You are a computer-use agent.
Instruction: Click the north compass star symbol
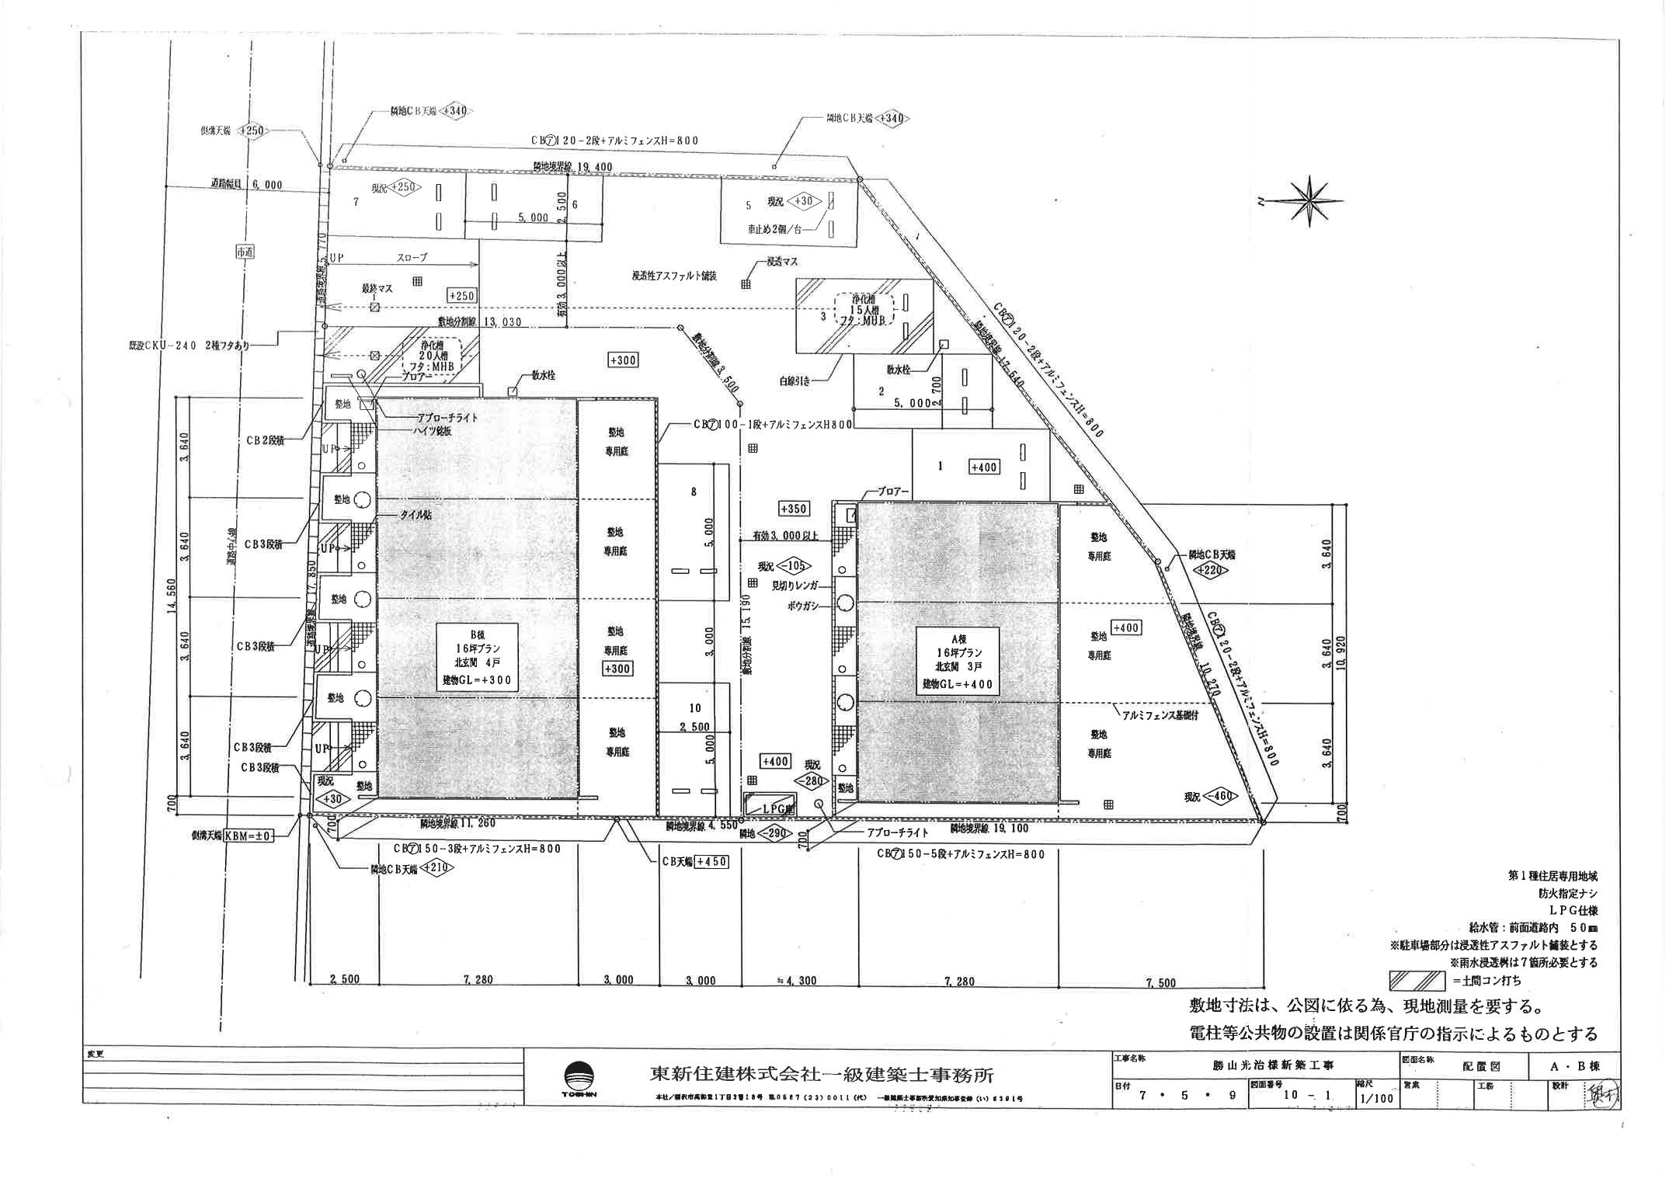click(x=1310, y=201)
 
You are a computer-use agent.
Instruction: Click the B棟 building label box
click(x=477, y=655)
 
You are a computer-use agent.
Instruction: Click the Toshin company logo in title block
click(x=581, y=1079)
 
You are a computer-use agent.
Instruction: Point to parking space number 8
click(x=694, y=491)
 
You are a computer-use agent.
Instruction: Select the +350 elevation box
click(x=793, y=509)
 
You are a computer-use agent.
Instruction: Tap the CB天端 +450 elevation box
click(x=712, y=861)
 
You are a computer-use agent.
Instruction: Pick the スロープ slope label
click(x=412, y=258)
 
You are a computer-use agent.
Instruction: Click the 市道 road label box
click(x=245, y=252)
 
